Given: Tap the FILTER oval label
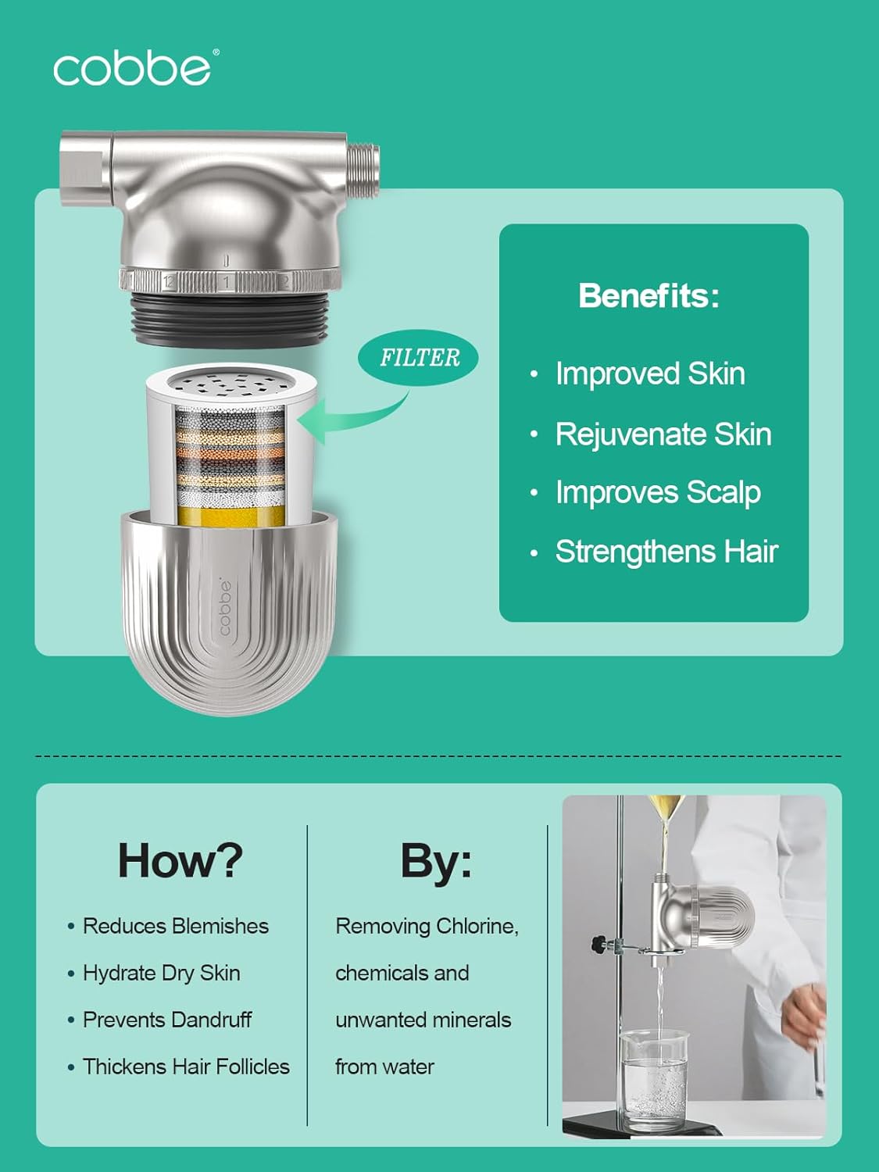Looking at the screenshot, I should click(419, 358).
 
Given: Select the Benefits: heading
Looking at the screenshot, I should click(649, 295).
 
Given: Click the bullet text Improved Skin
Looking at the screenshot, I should click(649, 373).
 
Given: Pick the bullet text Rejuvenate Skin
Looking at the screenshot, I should click(663, 434).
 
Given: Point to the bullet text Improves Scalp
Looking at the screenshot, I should click(657, 492).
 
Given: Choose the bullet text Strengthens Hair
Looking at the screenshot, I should click(666, 552).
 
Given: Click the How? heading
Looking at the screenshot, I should click(180, 860).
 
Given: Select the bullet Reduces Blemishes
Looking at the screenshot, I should click(175, 926).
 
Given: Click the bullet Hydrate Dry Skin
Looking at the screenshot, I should click(161, 973).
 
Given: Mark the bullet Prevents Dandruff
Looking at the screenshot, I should click(166, 1020).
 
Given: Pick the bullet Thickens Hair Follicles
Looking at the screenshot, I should click(185, 1067).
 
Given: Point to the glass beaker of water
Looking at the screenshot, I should click(655, 1078).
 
